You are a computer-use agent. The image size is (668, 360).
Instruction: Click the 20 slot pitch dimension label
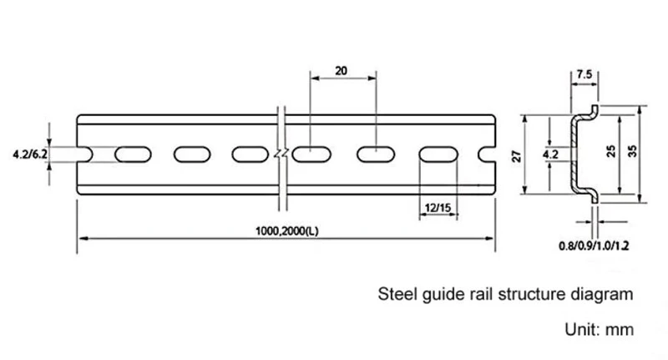[x=341, y=71]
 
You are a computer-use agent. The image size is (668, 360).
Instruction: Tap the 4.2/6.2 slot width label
[x=30, y=155]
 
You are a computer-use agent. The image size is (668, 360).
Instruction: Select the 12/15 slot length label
[x=438, y=208]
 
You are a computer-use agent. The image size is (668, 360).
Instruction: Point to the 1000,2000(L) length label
[x=286, y=231]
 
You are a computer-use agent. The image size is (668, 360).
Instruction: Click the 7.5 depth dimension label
[x=584, y=74]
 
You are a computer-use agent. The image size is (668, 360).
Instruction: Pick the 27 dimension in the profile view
[x=516, y=156]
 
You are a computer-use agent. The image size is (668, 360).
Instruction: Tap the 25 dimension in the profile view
[x=611, y=151]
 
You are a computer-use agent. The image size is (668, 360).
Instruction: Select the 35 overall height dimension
[x=632, y=151]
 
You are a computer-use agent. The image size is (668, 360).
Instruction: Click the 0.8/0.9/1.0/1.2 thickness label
[x=594, y=246]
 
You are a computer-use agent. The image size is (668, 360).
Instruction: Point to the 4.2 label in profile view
[x=550, y=155]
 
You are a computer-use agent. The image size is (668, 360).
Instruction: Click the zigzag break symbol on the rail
[x=281, y=154]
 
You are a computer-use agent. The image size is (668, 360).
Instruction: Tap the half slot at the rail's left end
[x=85, y=155]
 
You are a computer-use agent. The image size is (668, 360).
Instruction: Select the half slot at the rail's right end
[x=487, y=155]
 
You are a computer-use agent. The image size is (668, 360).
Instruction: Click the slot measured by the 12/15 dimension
[x=438, y=155]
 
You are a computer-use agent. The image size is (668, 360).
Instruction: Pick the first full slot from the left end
[x=133, y=155]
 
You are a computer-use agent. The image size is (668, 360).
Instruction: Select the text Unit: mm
[x=599, y=329]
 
